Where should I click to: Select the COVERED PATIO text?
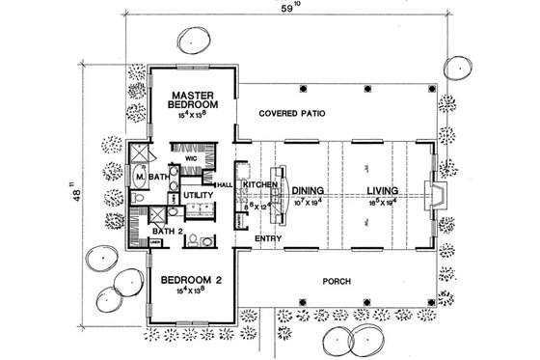coord(291,114)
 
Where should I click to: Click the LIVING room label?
coord(383,190)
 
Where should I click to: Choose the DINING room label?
coord(306,190)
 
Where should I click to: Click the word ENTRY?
coord(267,236)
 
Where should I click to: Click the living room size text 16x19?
coord(383,204)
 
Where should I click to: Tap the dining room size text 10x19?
coord(306,204)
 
